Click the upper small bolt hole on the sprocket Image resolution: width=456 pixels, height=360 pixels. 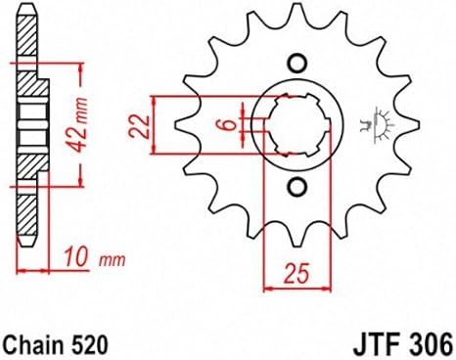[x=297, y=63]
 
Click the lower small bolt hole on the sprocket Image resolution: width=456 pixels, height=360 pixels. [x=297, y=187]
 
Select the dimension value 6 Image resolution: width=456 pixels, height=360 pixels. [x=230, y=124]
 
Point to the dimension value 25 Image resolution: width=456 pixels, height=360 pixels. [x=296, y=273]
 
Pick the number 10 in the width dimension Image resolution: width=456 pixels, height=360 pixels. [x=76, y=257]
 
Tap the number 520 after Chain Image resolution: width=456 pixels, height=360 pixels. [x=88, y=344]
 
